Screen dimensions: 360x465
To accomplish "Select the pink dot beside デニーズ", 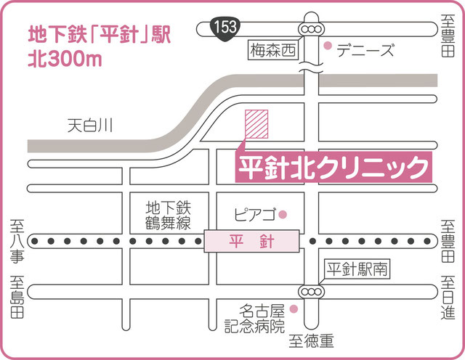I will point(328,48).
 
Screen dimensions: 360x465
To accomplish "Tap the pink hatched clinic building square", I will point(256,124).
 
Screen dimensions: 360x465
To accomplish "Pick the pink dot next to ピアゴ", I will point(284,213).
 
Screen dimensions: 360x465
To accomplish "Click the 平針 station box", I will point(251,240).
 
